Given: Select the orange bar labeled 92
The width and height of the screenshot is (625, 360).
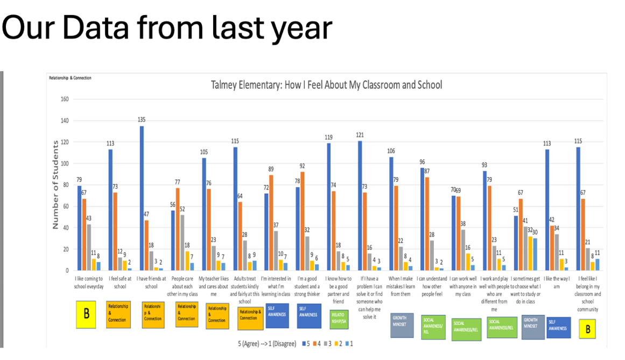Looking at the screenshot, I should (302, 221).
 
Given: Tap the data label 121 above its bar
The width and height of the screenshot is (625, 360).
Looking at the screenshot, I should (361, 135).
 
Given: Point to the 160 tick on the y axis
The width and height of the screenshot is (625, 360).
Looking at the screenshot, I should (66, 99).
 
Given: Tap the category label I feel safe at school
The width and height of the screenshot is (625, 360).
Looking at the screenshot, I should (120, 283).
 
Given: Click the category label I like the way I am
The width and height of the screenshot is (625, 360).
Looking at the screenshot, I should (558, 283).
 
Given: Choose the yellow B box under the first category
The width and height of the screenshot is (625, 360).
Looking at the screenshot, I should (86, 316).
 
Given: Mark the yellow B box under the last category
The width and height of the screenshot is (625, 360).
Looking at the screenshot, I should (587, 328).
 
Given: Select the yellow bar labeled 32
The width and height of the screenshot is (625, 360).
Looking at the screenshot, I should (530, 253).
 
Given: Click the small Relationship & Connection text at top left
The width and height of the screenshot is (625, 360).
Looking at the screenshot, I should (71, 78).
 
